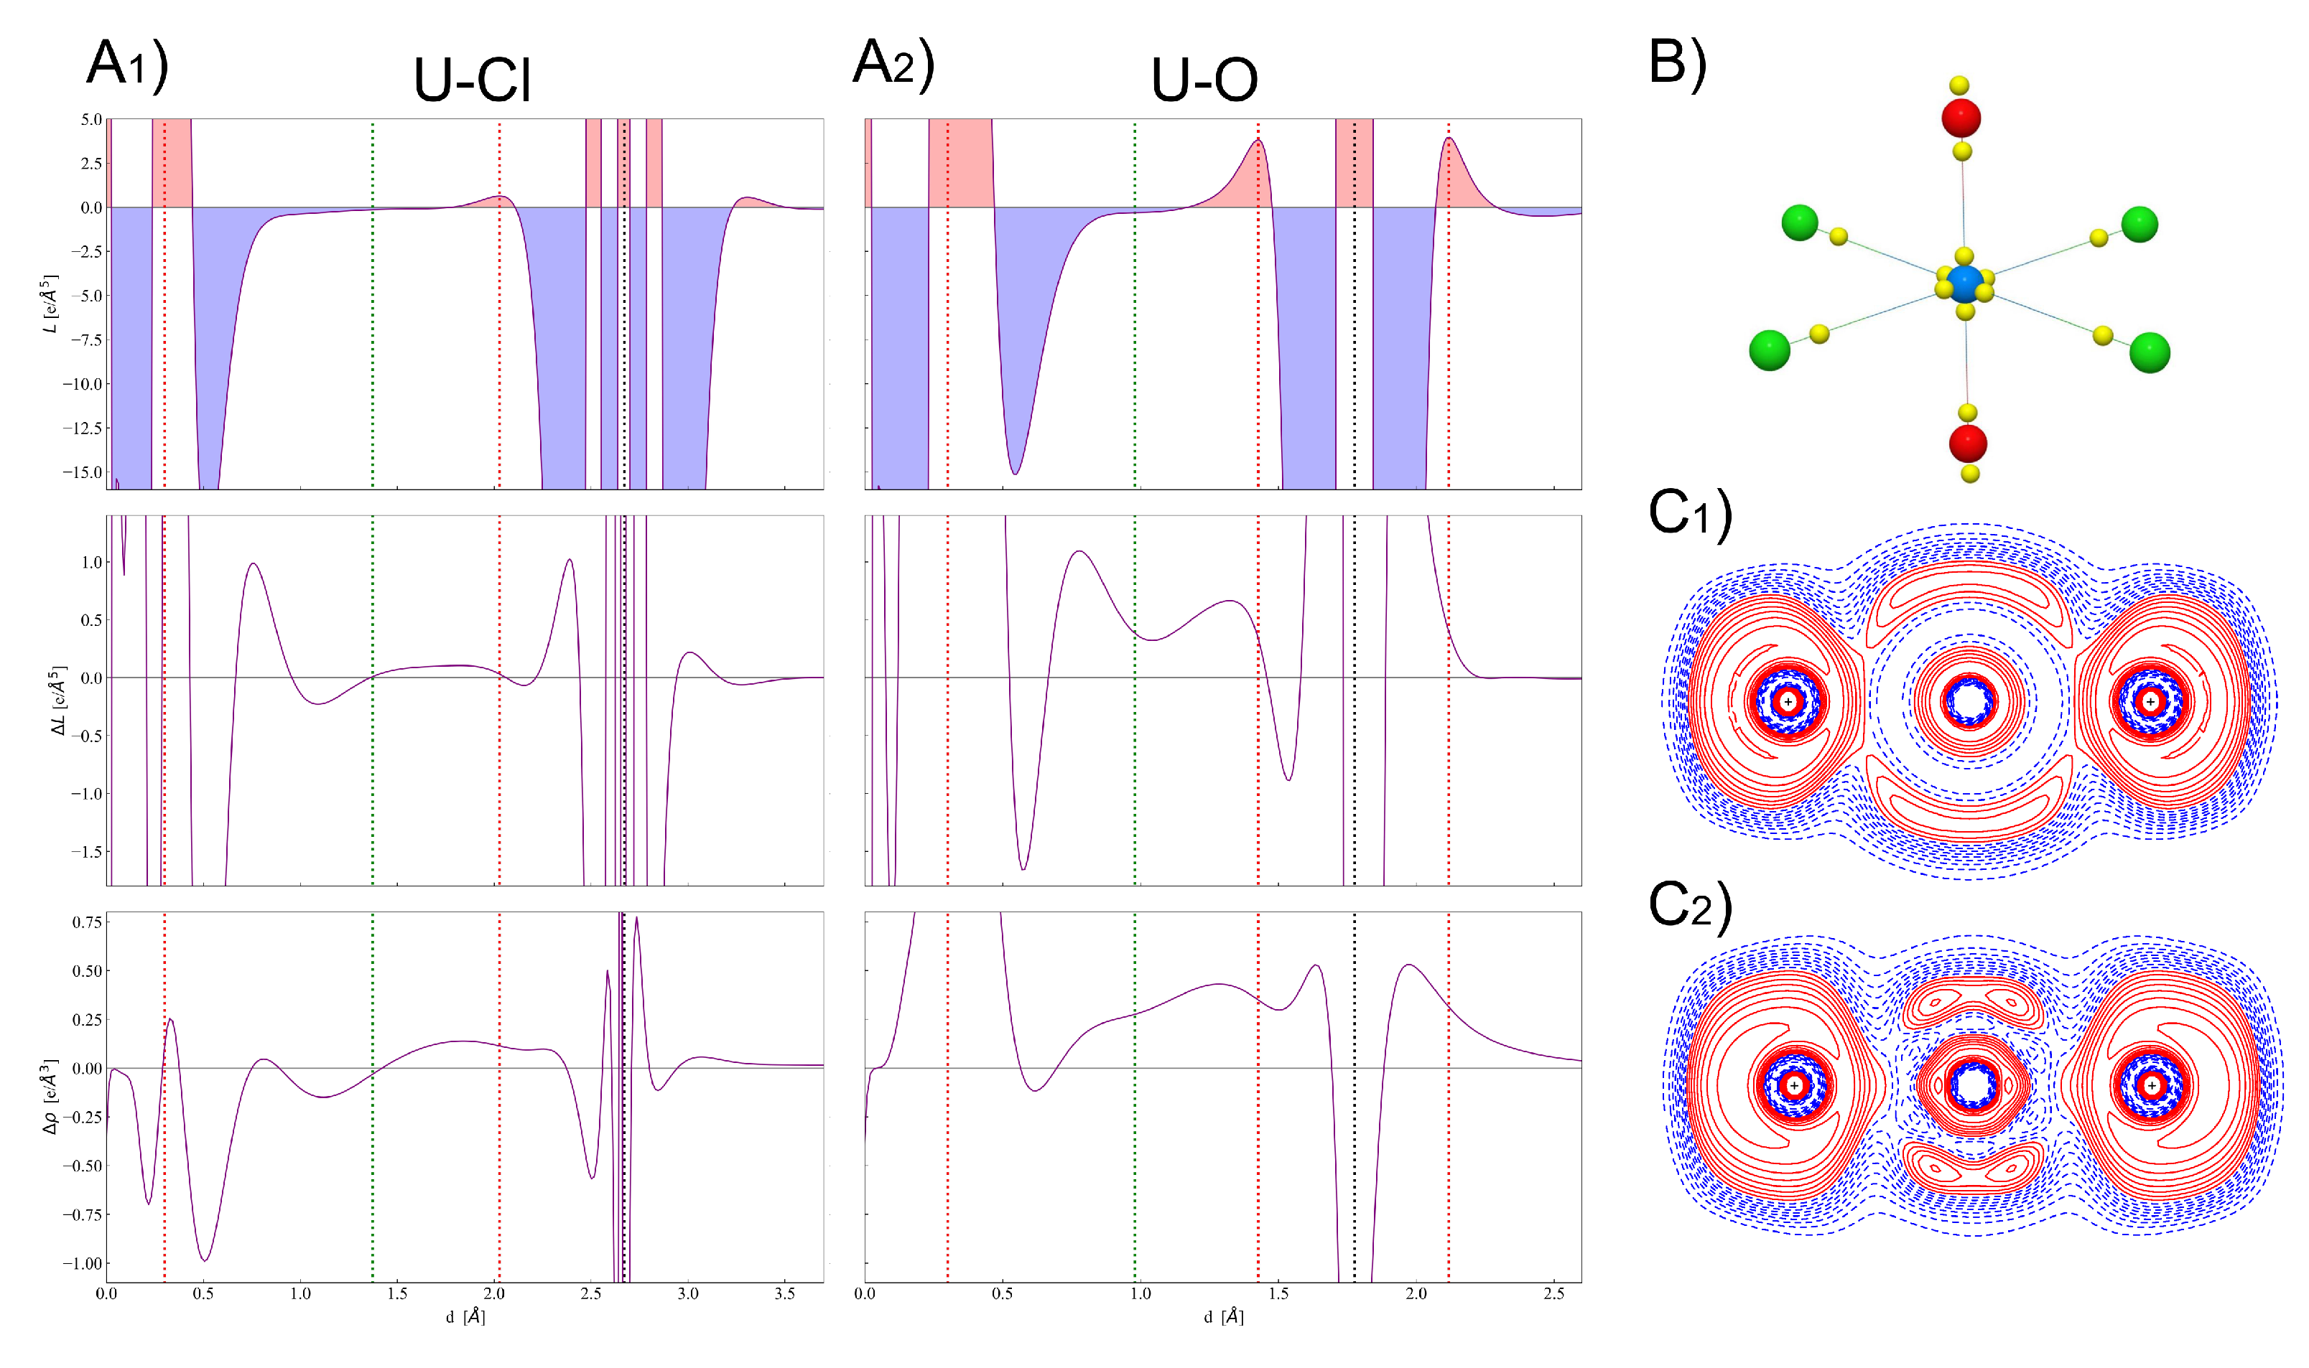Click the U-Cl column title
(472, 80)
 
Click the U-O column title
(1204, 80)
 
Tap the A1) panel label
(127, 65)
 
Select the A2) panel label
(893, 65)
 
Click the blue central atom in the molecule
(1964, 285)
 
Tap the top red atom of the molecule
(1961, 118)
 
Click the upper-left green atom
(1799, 222)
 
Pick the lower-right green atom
(2150, 353)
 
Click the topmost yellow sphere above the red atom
(1959, 85)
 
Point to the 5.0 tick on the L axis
(90, 120)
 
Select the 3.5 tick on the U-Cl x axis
(785, 1294)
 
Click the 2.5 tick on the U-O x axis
(1553, 1294)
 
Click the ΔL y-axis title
(57, 700)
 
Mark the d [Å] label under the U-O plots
(1223, 1317)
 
